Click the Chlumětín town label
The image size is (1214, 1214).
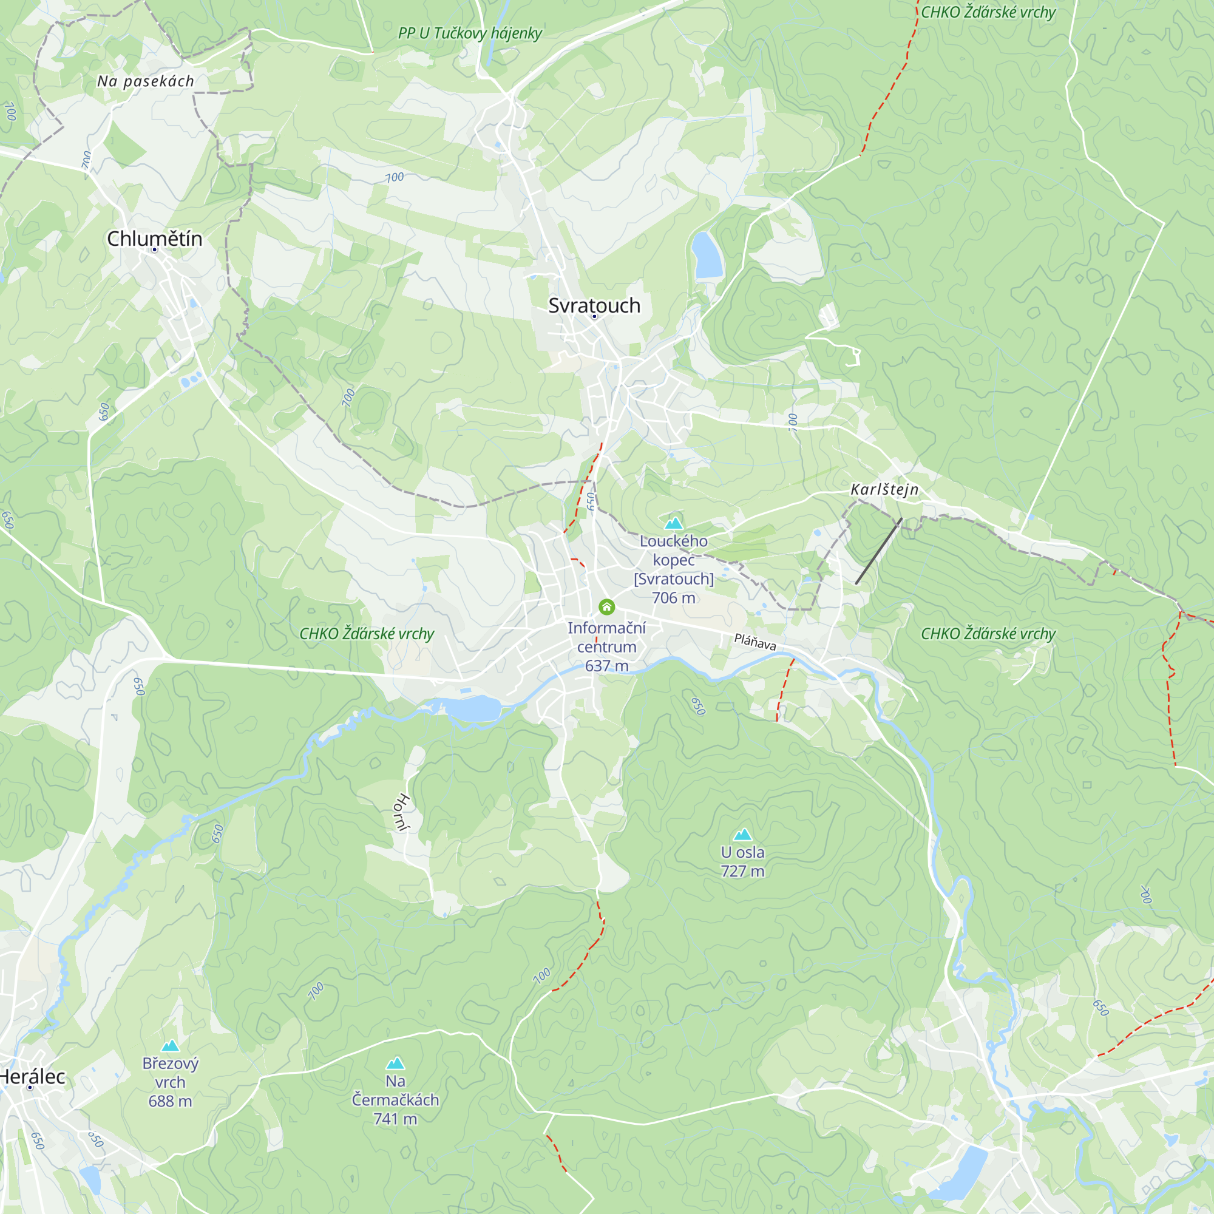(x=155, y=239)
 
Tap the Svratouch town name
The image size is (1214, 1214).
(x=594, y=305)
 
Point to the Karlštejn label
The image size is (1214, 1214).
(x=884, y=489)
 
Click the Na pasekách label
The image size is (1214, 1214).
(x=146, y=81)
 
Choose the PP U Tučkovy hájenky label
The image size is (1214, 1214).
(x=469, y=33)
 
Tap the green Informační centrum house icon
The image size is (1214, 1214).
(x=606, y=606)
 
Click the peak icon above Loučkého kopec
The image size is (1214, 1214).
(x=674, y=523)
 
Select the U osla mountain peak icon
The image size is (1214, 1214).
(x=743, y=835)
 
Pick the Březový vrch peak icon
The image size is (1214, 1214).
(x=171, y=1046)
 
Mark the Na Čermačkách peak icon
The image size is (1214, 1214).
(x=395, y=1063)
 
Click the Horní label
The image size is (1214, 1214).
(x=401, y=813)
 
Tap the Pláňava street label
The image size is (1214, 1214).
(x=755, y=642)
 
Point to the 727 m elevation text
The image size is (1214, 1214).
(x=743, y=871)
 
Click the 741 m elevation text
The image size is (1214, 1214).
(x=395, y=1119)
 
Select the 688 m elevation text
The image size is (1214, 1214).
(x=171, y=1101)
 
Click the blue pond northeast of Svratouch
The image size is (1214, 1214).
(x=707, y=255)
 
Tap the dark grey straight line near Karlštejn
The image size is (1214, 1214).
(x=878, y=551)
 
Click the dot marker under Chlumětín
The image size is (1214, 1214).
(x=155, y=250)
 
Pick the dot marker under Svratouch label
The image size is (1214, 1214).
(x=594, y=316)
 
